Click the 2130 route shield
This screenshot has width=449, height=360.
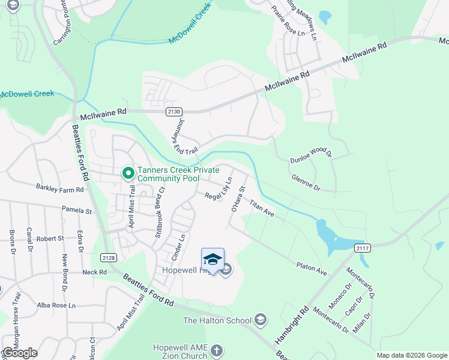pyautogui.click(x=174, y=112)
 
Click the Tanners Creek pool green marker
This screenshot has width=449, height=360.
pyautogui.click(x=128, y=174)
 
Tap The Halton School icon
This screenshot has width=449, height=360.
pyautogui.click(x=261, y=319)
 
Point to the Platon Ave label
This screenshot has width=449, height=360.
pyautogui.click(x=311, y=268)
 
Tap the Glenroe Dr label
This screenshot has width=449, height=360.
pyautogui.click(x=306, y=183)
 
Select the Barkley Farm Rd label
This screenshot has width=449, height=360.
pyautogui.click(x=59, y=189)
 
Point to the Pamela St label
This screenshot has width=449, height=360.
pyautogui.click(x=77, y=211)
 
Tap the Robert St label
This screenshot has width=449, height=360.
pyautogui.click(x=50, y=238)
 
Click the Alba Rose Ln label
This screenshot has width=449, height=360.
pyautogui.click(x=55, y=305)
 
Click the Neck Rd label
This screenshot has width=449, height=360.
pyautogui.click(x=94, y=272)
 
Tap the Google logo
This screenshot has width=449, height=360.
pyautogui.click(x=20, y=352)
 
